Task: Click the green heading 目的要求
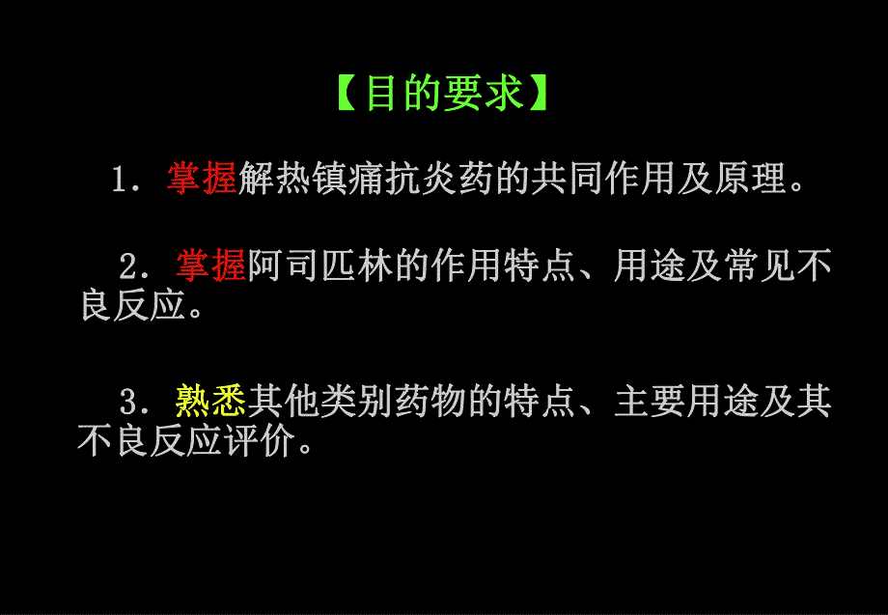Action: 444,94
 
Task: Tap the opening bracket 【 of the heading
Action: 346,94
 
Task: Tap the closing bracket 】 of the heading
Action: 542,94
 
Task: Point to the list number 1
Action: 120,181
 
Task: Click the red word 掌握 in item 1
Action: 202,179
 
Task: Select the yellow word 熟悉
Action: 211,399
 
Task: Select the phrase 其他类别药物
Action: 356,399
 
